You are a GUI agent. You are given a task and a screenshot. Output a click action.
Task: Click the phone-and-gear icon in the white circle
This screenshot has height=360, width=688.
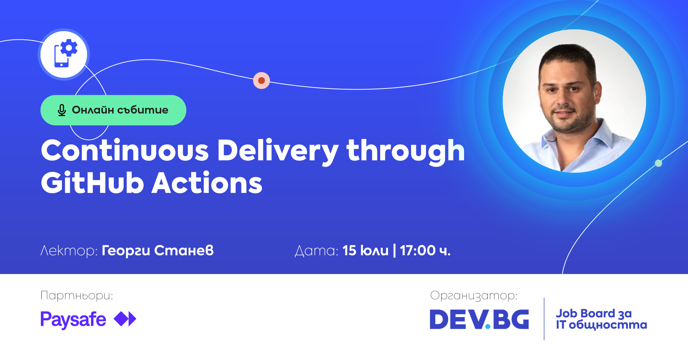[66, 53]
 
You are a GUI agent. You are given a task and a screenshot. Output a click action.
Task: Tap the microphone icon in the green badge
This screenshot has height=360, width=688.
[62, 110]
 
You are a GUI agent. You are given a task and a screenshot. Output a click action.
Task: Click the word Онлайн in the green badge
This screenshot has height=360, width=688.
[93, 110]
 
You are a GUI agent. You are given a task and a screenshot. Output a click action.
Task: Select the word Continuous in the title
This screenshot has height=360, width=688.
[125, 150]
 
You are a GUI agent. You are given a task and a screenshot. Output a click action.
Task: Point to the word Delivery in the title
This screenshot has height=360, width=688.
[278, 152]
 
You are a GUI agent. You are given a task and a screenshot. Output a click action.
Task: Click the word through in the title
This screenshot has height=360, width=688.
[406, 152]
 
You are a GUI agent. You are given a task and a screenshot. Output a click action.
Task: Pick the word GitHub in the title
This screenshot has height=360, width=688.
[92, 182]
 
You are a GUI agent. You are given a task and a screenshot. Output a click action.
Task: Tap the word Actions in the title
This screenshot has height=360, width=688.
[207, 182]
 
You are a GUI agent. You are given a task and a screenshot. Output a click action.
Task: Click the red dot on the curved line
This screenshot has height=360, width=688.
[262, 80]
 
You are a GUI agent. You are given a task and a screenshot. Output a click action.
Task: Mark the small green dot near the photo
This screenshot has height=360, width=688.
[658, 163]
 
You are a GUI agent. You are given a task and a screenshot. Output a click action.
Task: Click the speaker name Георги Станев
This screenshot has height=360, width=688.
[158, 250]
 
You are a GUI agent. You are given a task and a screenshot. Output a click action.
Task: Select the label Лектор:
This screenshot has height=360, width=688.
[69, 251]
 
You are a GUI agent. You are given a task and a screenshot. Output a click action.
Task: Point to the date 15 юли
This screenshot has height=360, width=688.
[365, 250]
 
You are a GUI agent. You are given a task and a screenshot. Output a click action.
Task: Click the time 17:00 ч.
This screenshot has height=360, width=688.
[425, 250]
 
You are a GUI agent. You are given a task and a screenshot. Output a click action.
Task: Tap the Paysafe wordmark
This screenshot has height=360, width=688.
[73, 320]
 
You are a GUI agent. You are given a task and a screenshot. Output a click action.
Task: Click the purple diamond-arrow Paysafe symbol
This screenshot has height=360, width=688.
[125, 319]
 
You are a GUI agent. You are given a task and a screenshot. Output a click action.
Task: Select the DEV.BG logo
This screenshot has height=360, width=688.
[479, 319]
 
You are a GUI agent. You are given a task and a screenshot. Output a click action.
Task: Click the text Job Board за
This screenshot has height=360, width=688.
[594, 314]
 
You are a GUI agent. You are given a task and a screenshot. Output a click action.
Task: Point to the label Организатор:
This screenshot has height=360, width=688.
[474, 296]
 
